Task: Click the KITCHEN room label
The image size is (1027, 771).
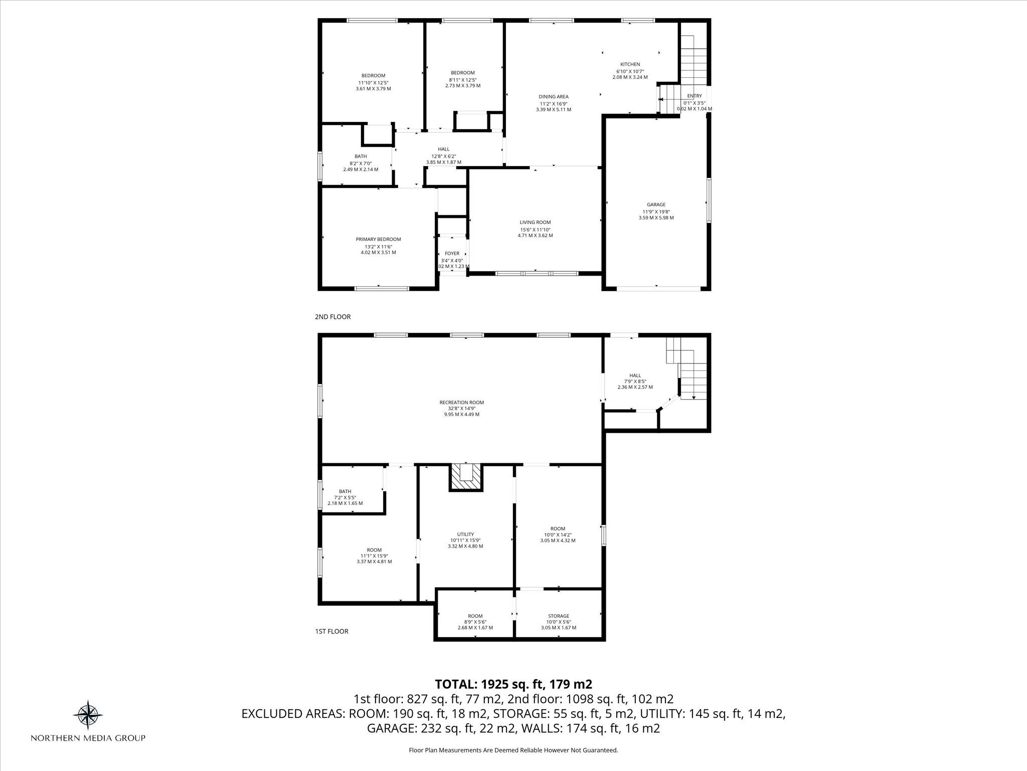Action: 630,64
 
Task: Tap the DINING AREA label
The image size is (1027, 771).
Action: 554,96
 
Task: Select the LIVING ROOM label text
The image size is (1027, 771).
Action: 535,222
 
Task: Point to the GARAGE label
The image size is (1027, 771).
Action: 656,204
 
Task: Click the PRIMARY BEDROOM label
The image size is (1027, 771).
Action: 378,239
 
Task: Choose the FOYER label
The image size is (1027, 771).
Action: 452,253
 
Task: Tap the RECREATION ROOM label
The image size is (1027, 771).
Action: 461,402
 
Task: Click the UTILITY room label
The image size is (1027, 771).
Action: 465,534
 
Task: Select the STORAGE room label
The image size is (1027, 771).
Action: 558,616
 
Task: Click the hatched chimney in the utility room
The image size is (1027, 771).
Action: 466,477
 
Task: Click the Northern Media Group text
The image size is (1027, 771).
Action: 88,738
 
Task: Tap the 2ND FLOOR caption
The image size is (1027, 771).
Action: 332,317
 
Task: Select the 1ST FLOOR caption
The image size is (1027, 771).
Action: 331,631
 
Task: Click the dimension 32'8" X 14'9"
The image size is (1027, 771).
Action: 461,408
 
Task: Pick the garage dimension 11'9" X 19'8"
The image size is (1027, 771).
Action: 656,211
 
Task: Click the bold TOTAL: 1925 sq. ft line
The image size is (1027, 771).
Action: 513,684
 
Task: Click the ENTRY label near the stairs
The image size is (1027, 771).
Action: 695,96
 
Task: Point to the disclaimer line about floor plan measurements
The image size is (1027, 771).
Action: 513,750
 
